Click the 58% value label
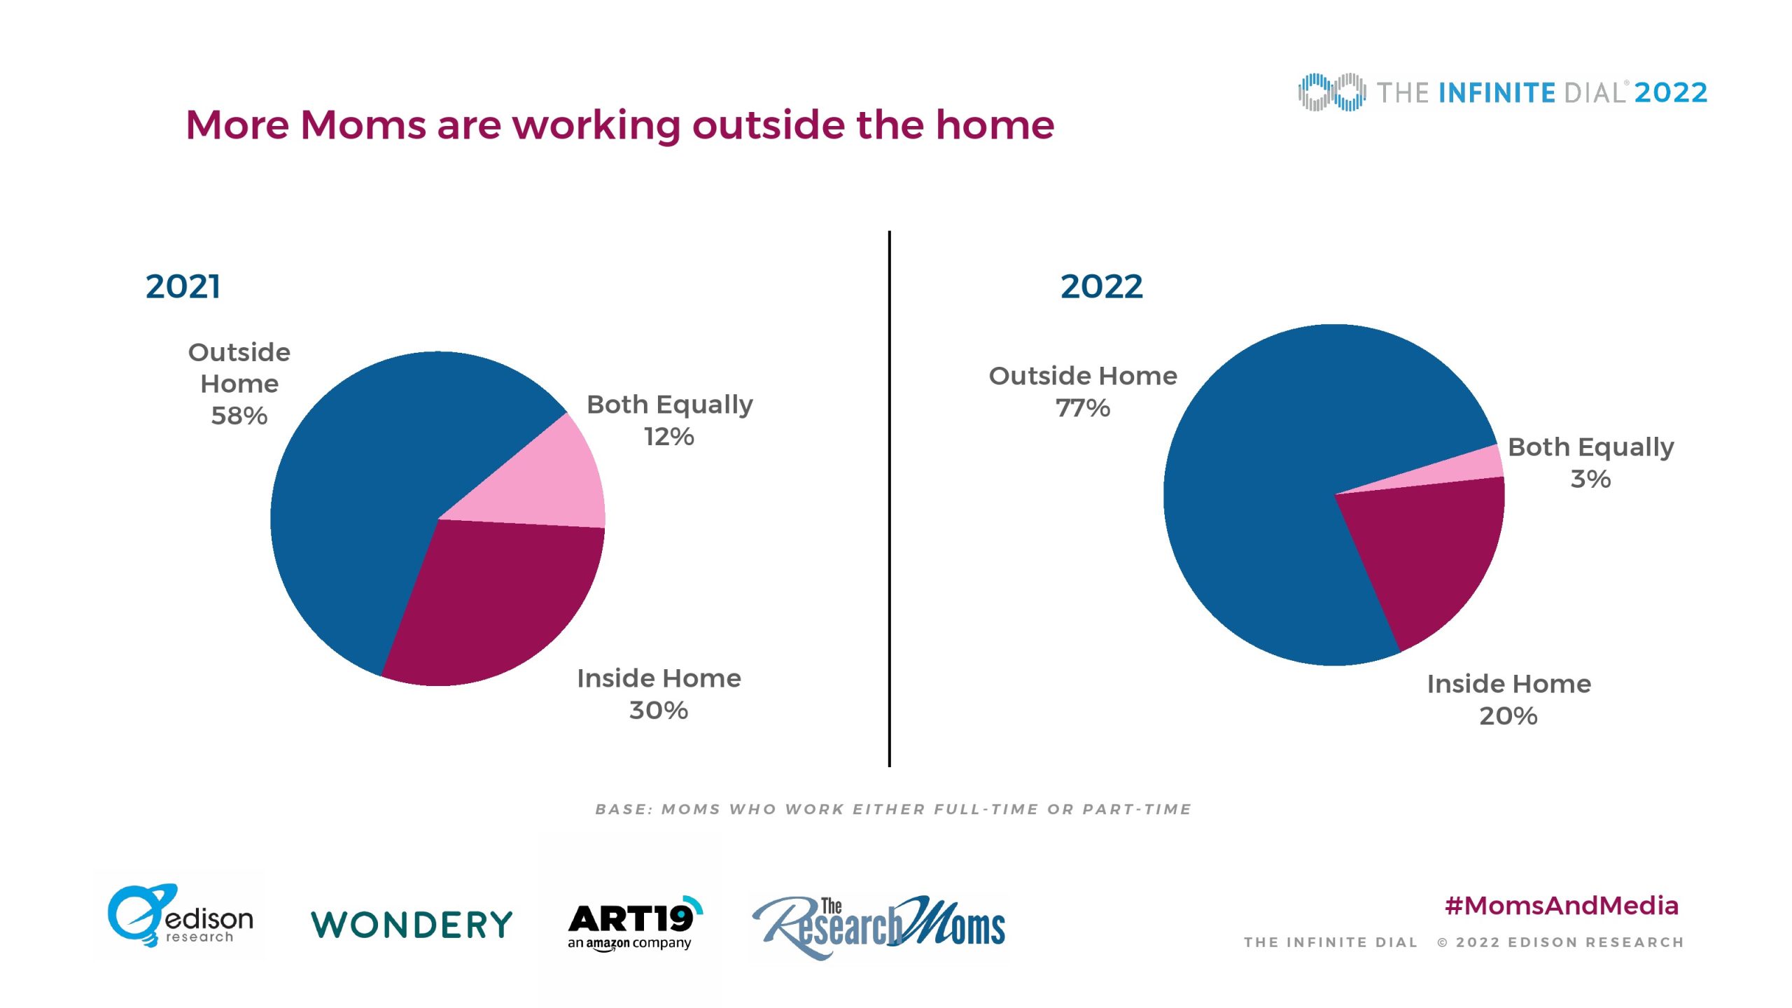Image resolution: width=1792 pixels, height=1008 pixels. click(239, 416)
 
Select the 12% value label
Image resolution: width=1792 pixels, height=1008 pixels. click(669, 437)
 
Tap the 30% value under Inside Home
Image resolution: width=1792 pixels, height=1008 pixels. click(659, 710)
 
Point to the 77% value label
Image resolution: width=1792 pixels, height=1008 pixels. click(1083, 408)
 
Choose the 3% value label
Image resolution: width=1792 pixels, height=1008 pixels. click(1590, 479)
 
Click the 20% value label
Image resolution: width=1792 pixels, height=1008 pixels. click(1508, 716)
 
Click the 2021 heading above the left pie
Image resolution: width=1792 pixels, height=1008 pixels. click(183, 286)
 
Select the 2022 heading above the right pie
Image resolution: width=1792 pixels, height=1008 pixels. click(1101, 286)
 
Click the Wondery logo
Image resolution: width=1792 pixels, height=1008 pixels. click(412, 925)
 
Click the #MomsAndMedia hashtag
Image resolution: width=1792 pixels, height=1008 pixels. click(1562, 906)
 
